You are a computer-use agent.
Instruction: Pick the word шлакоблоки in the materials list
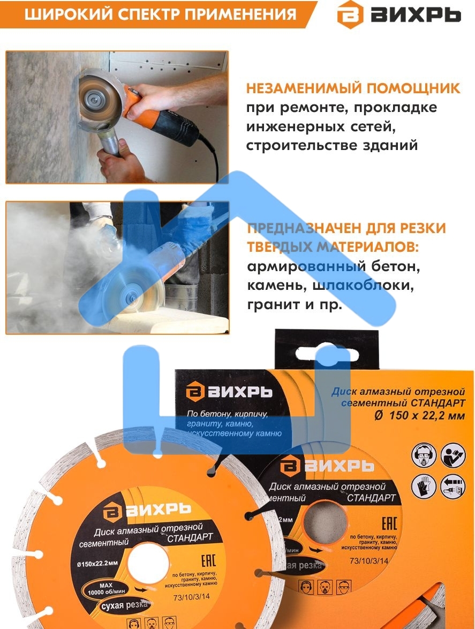[370, 286]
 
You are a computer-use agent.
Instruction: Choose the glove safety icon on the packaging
[420, 486]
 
